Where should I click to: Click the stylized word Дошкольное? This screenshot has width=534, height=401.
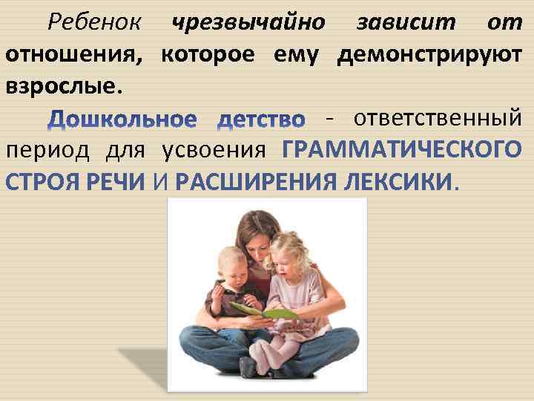123,120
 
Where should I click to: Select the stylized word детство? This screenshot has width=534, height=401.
262,120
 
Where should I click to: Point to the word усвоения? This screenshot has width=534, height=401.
214,151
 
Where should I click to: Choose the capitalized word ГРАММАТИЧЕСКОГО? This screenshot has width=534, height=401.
401,151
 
